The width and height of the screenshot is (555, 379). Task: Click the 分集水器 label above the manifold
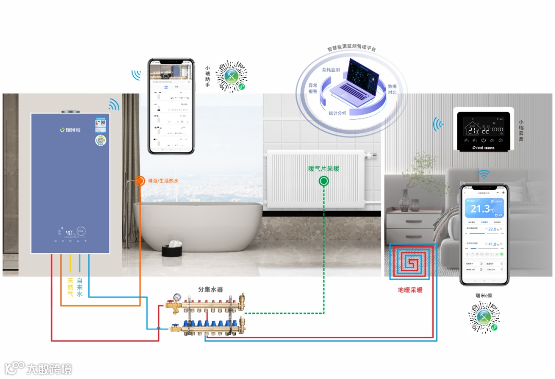point(211,290)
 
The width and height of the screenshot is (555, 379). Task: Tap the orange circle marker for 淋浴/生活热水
point(140,181)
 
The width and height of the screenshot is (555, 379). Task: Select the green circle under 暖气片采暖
point(324,181)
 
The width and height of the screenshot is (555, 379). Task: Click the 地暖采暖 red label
point(410,290)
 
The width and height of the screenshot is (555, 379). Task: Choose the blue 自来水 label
point(80,287)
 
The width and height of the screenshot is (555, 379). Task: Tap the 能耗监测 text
point(331,70)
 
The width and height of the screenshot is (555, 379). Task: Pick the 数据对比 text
point(392,90)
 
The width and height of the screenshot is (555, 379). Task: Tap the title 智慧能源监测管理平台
point(351,48)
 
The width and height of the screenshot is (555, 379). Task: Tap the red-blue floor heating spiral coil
point(411,262)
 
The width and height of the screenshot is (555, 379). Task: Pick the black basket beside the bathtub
point(171,250)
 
